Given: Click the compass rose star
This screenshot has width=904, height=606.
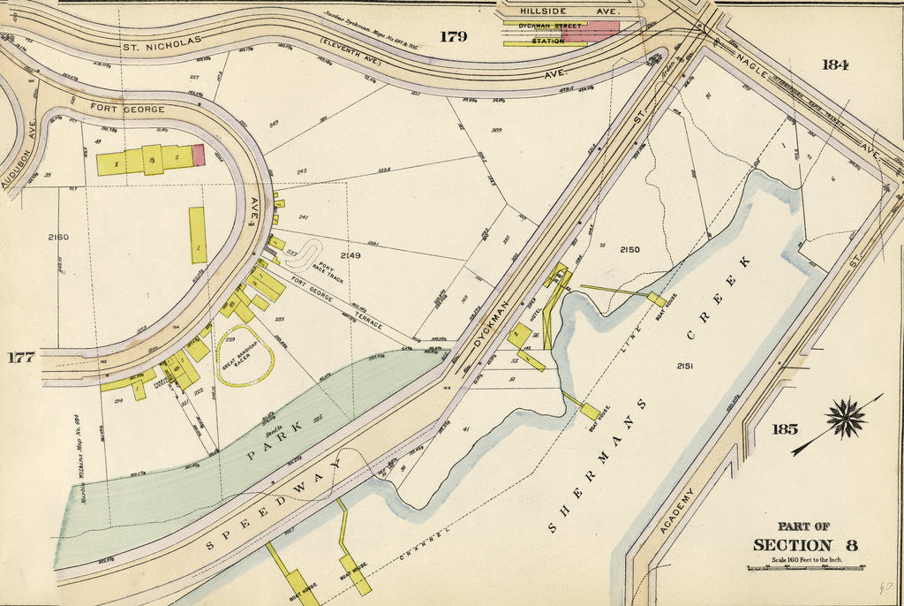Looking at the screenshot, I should click(x=847, y=418).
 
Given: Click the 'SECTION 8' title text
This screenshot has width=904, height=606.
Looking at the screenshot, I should click(x=804, y=544).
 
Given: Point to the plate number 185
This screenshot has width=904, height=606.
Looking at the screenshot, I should click(x=784, y=429).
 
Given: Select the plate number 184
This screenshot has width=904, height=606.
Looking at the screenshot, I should click(x=834, y=64).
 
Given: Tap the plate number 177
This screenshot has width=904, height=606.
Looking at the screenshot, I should click(x=20, y=357).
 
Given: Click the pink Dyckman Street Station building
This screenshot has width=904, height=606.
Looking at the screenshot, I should click(x=591, y=32).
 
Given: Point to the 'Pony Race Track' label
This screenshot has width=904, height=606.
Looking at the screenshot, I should click(x=326, y=271).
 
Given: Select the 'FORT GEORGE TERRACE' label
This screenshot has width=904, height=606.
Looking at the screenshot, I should click(x=336, y=305).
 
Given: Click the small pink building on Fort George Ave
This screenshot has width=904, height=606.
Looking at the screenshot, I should click(x=199, y=155).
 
